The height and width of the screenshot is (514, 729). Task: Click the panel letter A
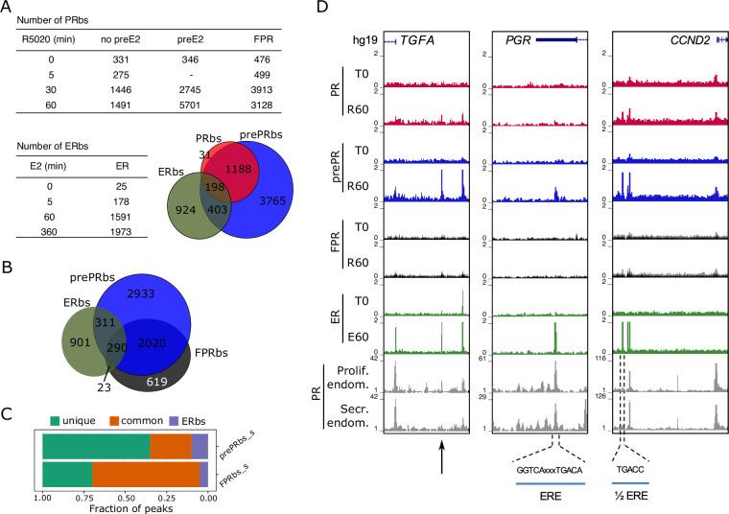click(x=9, y=8)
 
